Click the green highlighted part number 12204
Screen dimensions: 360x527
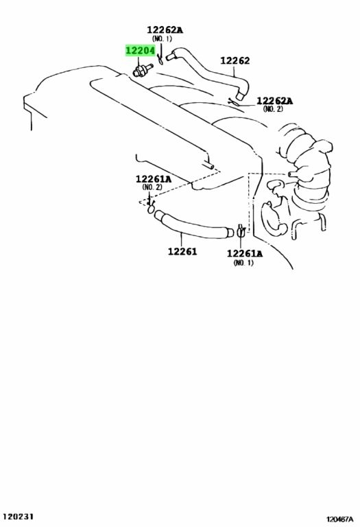click(x=141, y=51)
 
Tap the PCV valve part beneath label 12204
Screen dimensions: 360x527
click(x=143, y=69)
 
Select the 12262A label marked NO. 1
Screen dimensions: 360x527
click(x=165, y=30)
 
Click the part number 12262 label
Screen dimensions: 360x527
click(x=235, y=60)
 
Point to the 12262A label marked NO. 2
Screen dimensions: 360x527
click(x=275, y=101)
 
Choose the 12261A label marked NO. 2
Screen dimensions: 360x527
click(x=154, y=179)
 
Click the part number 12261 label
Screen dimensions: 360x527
click(x=182, y=251)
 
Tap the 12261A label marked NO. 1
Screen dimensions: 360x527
click(x=245, y=254)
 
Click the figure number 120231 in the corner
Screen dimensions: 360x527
click(x=19, y=516)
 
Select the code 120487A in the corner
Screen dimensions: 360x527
click(x=340, y=519)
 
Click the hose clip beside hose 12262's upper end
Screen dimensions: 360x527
click(x=161, y=60)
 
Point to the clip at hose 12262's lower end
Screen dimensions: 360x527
click(x=233, y=102)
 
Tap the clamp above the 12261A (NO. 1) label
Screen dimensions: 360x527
click(x=241, y=231)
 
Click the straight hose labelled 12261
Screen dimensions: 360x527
click(x=193, y=224)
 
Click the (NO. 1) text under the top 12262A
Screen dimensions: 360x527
click(x=162, y=38)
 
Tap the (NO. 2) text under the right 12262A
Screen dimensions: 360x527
click(x=273, y=109)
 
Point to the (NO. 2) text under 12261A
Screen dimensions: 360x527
click(x=152, y=187)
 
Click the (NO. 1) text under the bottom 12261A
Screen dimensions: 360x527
click(x=243, y=263)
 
